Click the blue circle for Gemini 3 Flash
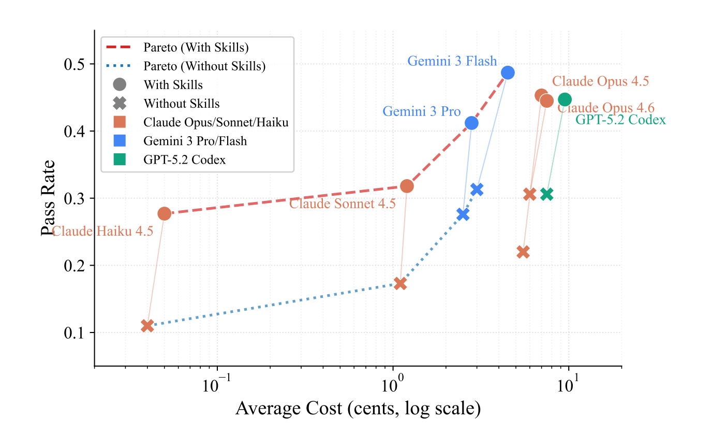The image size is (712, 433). pyautogui.click(x=508, y=73)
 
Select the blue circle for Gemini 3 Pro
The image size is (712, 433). pyautogui.click(x=471, y=123)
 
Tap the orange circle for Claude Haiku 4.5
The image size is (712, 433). pyautogui.click(x=164, y=213)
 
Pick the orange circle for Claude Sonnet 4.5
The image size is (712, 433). pyautogui.click(x=407, y=186)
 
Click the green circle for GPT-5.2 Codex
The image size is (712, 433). pyautogui.click(x=565, y=99)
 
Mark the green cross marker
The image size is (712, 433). pyautogui.click(x=546, y=194)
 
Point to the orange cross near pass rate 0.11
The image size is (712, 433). pyautogui.click(x=147, y=326)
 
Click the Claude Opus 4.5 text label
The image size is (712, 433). pyautogui.click(x=600, y=81)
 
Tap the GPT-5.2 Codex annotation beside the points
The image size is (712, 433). pyautogui.click(x=620, y=120)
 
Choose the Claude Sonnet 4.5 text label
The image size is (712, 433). pyautogui.click(x=342, y=204)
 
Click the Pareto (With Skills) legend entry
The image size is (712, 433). pyautogui.click(x=196, y=48)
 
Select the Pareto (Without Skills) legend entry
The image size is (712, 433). pyautogui.click(x=204, y=66)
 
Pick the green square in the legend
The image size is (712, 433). pyautogui.click(x=120, y=160)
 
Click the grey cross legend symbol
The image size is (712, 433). pyautogui.click(x=120, y=104)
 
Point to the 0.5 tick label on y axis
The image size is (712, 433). pyautogui.click(x=75, y=64)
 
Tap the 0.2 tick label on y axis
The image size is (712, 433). pyautogui.click(x=75, y=266)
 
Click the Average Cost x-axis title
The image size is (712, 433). pyautogui.click(x=358, y=409)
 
